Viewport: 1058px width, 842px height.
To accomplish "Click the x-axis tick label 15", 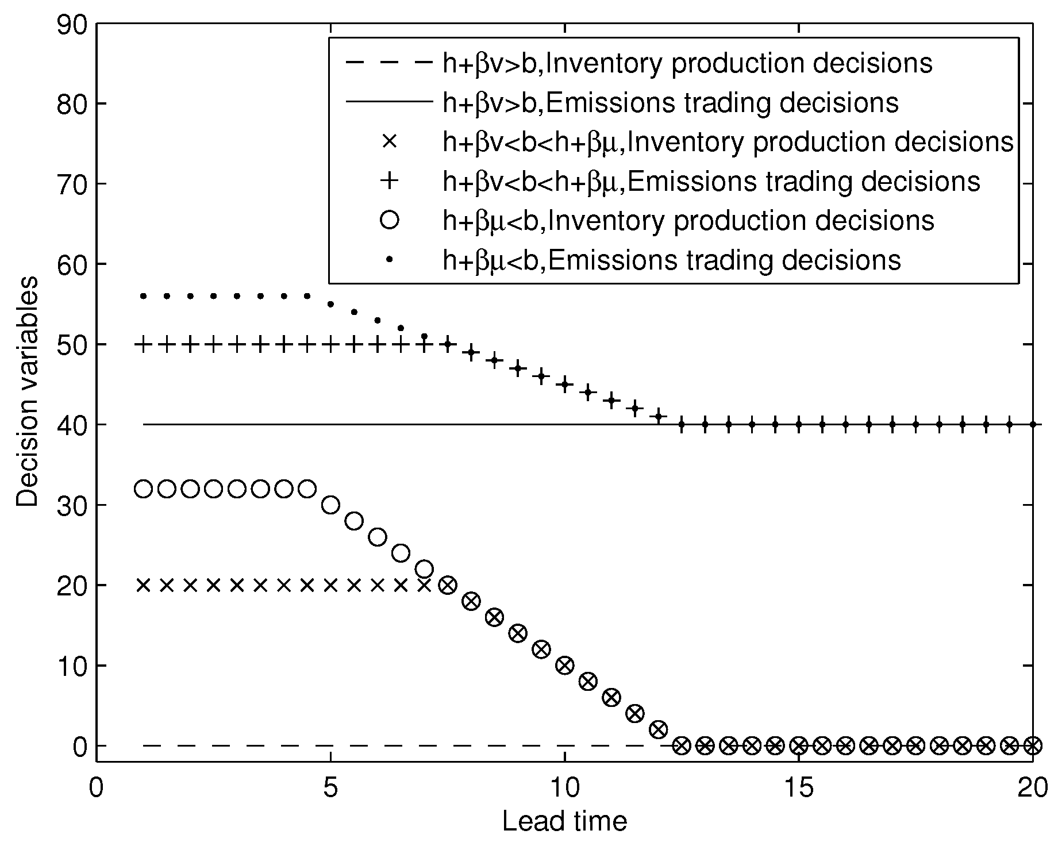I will click(799, 789).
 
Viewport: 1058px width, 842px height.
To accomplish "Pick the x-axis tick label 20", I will click(1033, 789).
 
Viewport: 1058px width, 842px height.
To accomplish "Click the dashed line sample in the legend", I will click(389, 63).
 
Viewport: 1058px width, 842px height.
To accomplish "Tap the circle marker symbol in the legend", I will click(389, 220).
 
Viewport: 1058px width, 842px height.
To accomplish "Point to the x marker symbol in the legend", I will click(389, 141).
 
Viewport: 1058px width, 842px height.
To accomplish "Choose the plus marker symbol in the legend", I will click(389, 181).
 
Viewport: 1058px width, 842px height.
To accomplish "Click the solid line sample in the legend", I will click(389, 102).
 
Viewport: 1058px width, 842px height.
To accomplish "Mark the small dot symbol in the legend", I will click(389, 260).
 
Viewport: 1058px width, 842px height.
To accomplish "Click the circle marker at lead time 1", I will click(143, 489).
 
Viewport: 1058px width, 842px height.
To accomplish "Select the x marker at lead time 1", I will click(143, 585).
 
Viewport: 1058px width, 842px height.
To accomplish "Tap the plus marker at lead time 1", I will click(143, 345).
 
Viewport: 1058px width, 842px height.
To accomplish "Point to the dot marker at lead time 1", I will click(143, 297).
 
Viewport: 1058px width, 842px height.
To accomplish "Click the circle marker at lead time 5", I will click(330, 505).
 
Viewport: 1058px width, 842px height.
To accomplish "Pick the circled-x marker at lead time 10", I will click(565, 666).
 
